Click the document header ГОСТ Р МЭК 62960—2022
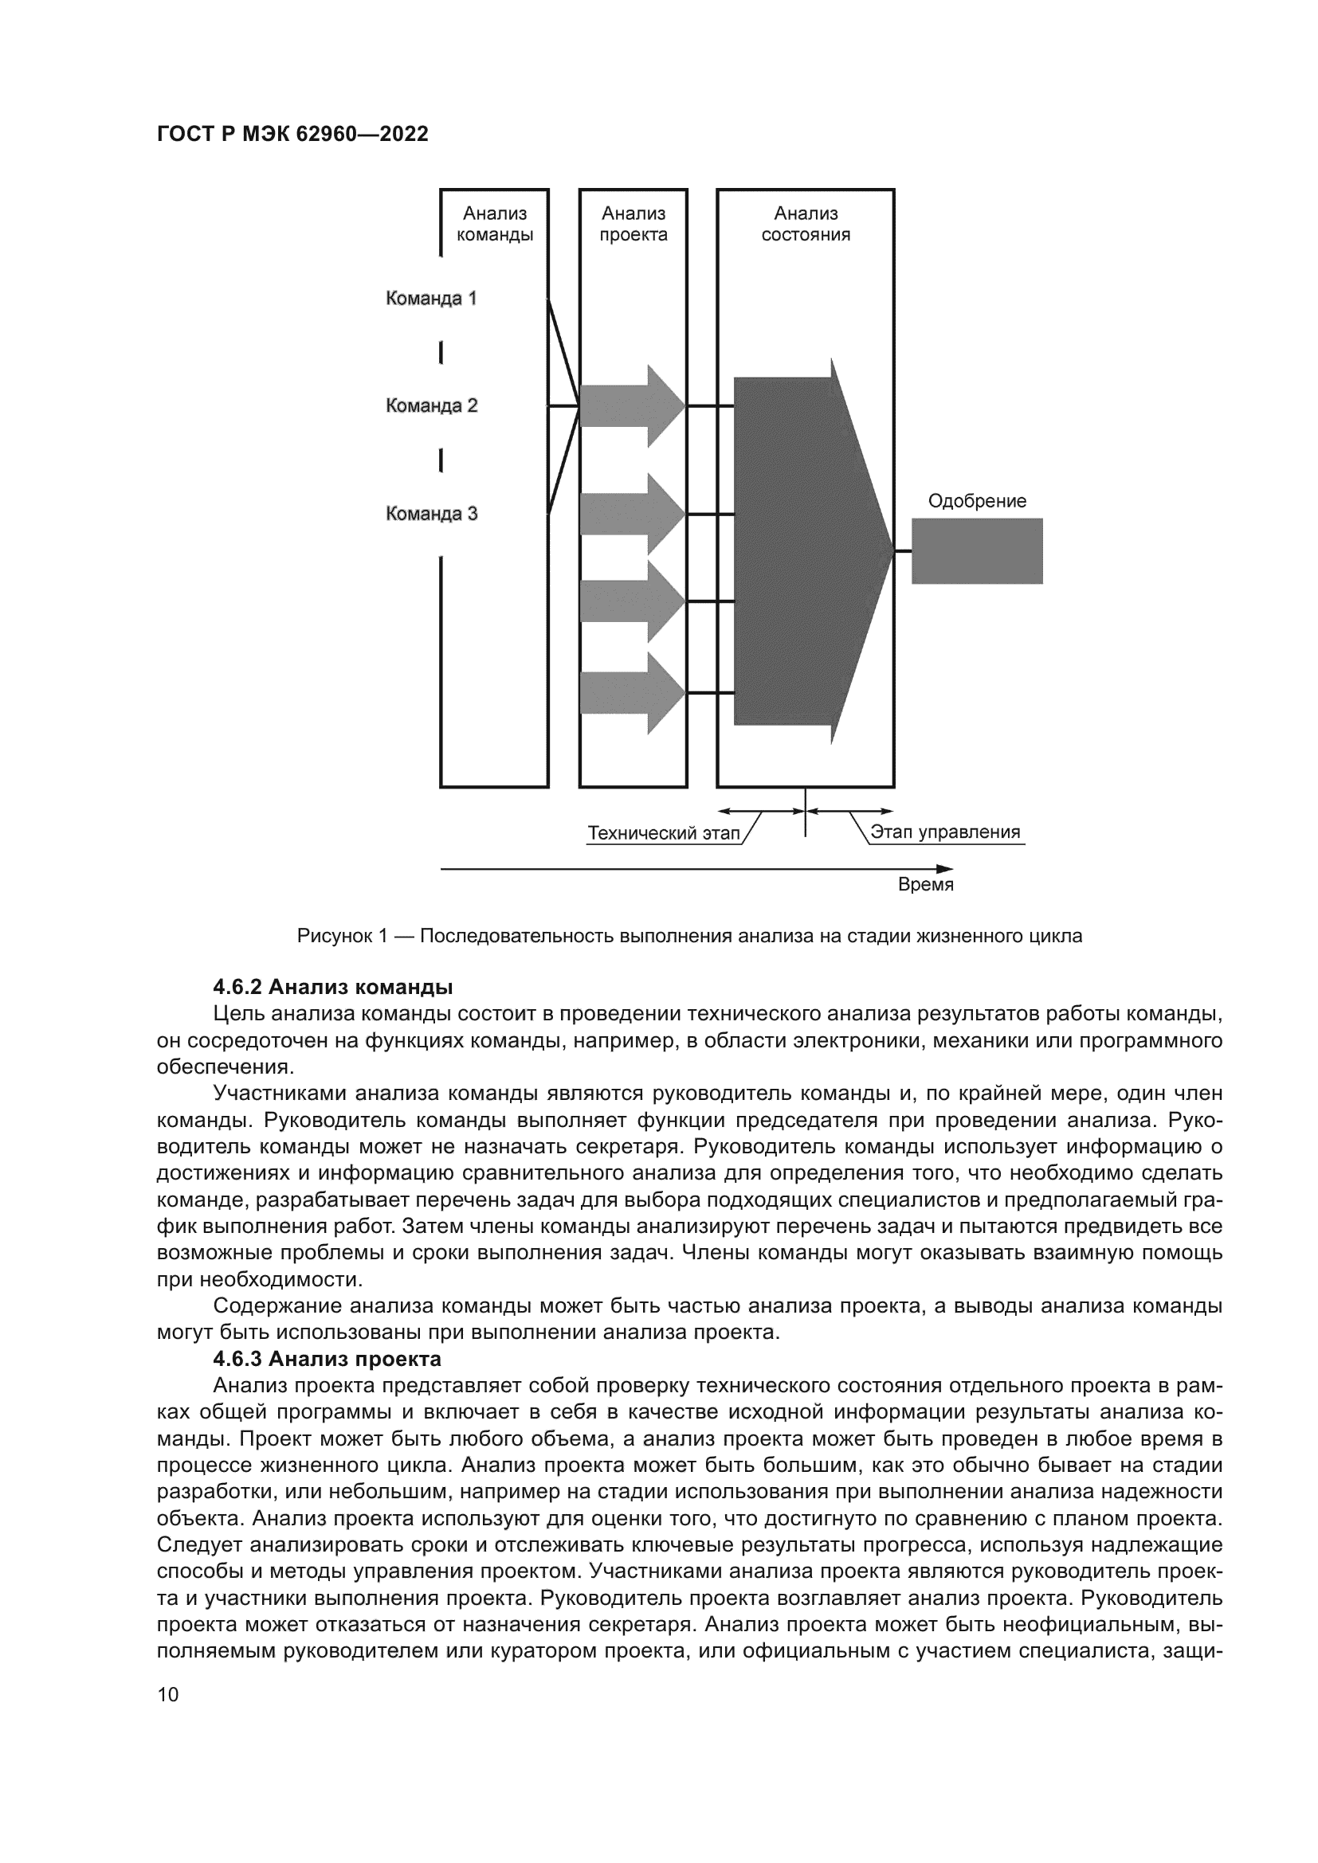pyautogui.click(x=292, y=135)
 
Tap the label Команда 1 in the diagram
pyautogui.click(x=431, y=299)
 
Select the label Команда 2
pyautogui.click(x=431, y=405)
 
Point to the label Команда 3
pyautogui.click(x=431, y=514)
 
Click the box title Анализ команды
pyautogui.click(x=494, y=224)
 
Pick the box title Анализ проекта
pyautogui.click(x=633, y=224)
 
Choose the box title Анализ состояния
pyautogui.click(x=805, y=224)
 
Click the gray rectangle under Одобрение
pyautogui.click(x=976, y=551)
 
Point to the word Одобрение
pyautogui.click(x=976, y=502)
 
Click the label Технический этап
pyautogui.click(x=664, y=833)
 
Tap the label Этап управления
pyautogui.click(x=945, y=832)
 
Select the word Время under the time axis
pyautogui.click(x=925, y=885)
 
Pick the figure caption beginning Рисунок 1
pyautogui.click(x=689, y=937)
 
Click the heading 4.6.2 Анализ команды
pyautogui.click(x=333, y=988)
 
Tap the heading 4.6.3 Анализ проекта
pyautogui.click(x=327, y=1358)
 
